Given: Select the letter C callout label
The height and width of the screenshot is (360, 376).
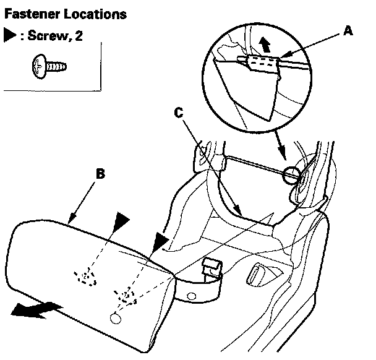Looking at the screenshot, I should [x=179, y=113].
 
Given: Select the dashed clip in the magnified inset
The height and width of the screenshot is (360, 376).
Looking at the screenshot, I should [x=262, y=62].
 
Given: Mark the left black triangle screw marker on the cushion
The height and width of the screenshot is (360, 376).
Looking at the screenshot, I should [x=121, y=218].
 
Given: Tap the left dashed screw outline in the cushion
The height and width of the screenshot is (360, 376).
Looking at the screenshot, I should [x=86, y=276].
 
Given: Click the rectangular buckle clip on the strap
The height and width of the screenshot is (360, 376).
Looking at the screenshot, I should [x=212, y=267].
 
